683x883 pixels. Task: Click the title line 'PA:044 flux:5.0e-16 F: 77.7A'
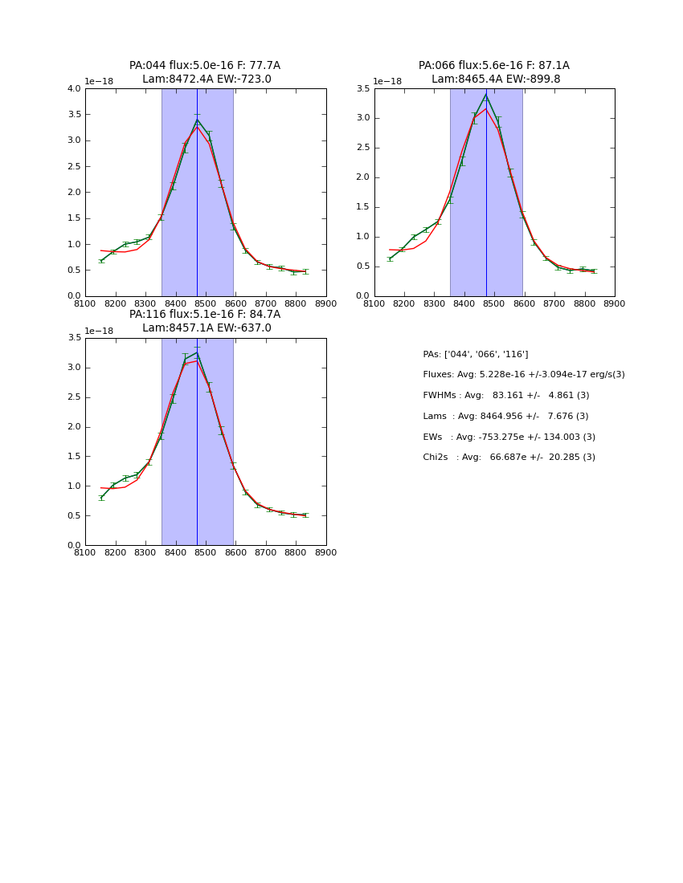click(205, 66)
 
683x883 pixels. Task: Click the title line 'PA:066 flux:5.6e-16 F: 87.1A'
click(493, 66)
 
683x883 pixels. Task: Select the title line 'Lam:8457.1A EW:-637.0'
click(207, 328)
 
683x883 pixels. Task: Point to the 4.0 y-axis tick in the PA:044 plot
click(74, 89)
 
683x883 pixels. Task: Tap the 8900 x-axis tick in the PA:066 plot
click(615, 303)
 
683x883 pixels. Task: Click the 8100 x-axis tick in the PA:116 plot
click(85, 552)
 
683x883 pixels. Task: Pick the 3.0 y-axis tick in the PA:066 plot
click(363, 118)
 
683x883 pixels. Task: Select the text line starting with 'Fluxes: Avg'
click(523, 375)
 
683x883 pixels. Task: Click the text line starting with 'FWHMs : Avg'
click(505, 396)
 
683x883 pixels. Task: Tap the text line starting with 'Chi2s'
click(509, 458)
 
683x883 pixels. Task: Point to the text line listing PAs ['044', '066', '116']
click(475, 354)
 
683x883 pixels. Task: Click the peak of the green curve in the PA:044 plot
click(197, 120)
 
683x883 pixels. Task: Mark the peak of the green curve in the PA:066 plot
click(486, 95)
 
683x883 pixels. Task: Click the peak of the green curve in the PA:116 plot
click(197, 352)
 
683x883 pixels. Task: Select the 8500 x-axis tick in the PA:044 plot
click(206, 303)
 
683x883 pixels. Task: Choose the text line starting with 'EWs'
click(509, 437)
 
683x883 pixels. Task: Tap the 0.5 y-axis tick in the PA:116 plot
click(74, 516)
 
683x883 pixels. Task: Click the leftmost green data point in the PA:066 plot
click(390, 258)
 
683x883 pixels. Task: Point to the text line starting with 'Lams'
click(505, 416)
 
